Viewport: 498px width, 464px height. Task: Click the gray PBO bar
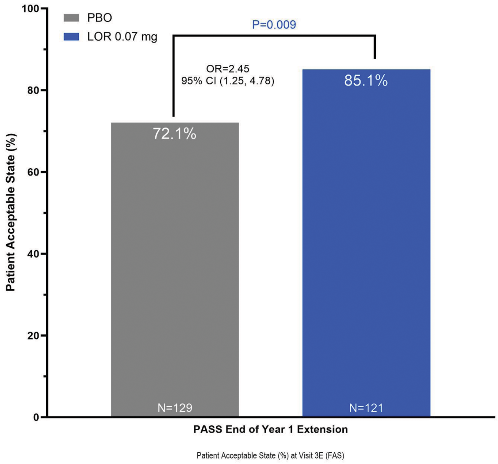coord(175,270)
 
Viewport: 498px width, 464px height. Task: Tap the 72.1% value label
coord(174,134)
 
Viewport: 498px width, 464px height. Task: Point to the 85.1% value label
coord(366,81)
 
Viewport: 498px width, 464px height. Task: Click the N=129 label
coord(175,408)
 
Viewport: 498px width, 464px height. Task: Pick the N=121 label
coord(366,408)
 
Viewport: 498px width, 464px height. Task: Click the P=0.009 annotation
coord(274,25)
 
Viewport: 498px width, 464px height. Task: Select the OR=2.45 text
coord(228,69)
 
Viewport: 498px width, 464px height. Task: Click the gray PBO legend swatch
coord(71,18)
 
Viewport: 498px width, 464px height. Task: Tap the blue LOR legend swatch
coord(71,37)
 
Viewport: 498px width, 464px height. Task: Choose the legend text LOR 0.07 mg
coord(122,37)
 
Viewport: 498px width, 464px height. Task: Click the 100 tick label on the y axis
coord(30,9)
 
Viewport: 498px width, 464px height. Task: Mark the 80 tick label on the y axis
coord(33,90)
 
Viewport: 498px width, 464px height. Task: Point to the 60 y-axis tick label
coord(33,172)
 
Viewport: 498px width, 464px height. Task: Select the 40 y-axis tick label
coord(33,254)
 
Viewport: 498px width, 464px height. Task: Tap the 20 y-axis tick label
coord(33,336)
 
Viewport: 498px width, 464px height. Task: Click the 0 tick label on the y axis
coord(36,417)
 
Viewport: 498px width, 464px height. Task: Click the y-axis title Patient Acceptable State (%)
coord(11,212)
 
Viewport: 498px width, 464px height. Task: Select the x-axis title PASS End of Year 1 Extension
coord(270,429)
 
